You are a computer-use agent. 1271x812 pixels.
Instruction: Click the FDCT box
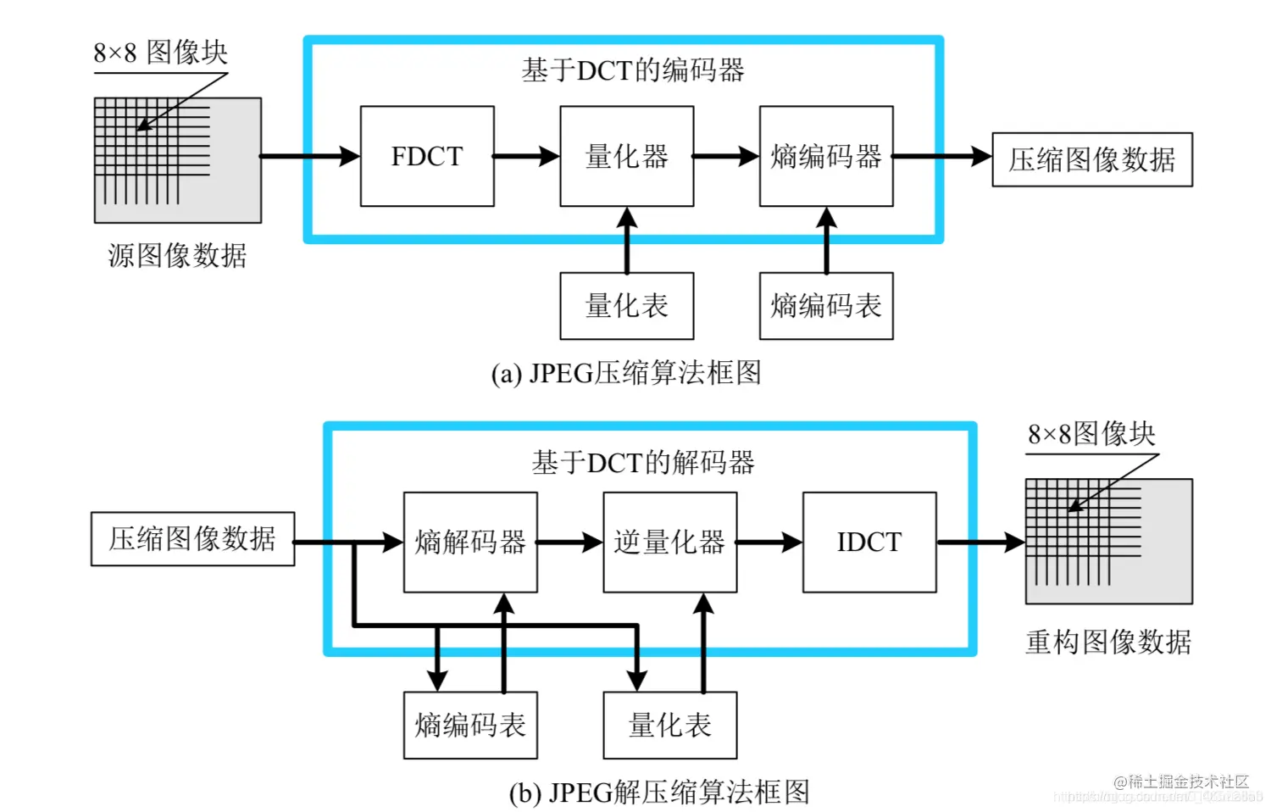[427, 156]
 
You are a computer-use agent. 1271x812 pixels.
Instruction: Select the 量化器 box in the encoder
[626, 156]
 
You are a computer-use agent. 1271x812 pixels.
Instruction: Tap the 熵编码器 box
[826, 156]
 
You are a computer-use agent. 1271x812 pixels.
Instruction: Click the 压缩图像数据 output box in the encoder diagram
[1092, 159]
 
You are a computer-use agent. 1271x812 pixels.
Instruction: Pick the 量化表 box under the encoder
[626, 306]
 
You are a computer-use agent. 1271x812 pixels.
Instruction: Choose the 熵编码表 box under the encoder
[826, 306]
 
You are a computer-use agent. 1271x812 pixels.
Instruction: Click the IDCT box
[869, 542]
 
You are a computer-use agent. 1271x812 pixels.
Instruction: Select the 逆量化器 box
[669, 542]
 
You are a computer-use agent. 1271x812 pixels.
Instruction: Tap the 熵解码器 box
[470, 542]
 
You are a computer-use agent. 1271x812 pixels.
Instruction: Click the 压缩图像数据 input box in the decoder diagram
[192, 538]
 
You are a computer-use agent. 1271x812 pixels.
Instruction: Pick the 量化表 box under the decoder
[669, 726]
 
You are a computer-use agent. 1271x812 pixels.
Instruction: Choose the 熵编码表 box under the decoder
[470, 726]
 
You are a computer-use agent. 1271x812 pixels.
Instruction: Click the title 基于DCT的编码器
[633, 70]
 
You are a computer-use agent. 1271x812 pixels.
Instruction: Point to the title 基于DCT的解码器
[643, 463]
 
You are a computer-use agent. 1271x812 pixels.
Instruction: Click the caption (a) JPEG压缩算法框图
[626, 373]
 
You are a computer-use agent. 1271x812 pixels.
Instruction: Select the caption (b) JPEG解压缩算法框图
[659, 793]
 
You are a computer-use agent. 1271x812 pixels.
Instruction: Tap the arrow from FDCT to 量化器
[526, 156]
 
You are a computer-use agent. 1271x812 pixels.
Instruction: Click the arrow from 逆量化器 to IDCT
[769, 542]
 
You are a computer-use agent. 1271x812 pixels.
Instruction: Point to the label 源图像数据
[177, 255]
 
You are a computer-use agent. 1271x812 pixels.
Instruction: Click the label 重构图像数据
[1108, 642]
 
